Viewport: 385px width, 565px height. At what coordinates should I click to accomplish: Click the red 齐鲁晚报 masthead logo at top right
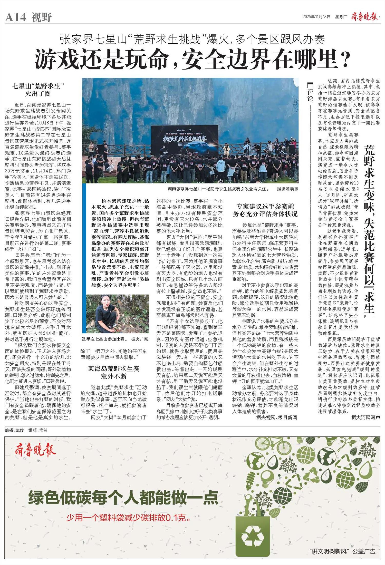(364, 17)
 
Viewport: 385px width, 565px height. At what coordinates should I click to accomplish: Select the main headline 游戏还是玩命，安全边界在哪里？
(192, 60)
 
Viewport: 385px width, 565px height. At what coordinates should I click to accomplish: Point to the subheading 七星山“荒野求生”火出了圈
(38, 90)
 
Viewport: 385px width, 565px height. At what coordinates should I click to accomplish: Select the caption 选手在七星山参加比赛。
(104, 339)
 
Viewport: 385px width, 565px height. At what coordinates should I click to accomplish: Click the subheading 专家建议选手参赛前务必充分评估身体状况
(265, 210)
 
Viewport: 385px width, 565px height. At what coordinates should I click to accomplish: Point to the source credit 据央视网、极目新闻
(276, 417)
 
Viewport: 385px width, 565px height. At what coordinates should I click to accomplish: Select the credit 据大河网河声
(365, 417)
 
